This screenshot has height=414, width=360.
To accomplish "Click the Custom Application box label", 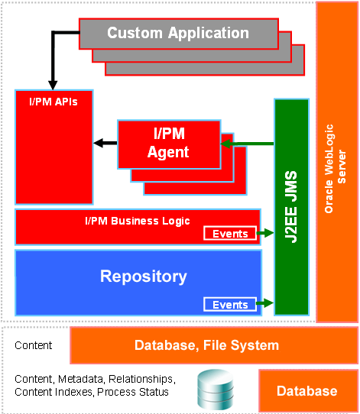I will pyautogui.click(x=177, y=33).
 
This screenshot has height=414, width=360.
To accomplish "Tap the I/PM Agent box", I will pyautogui.click(x=168, y=143).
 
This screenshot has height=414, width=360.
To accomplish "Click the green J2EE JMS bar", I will pyautogui.click(x=292, y=206).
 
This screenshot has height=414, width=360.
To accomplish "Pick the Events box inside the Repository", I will pyautogui.click(x=229, y=305).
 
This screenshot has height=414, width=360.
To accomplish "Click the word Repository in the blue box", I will pyautogui.click(x=143, y=276).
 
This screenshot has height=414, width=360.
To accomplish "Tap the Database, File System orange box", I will pyautogui.click(x=206, y=345).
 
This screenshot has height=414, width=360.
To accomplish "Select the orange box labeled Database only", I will pyautogui.click(x=306, y=391).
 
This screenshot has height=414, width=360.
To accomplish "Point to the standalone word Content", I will pyautogui.click(x=34, y=345).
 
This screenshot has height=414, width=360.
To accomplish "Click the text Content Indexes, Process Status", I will pyautogui.click(x=92, y=392).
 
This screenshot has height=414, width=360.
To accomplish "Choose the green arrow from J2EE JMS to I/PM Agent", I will pyautogui.click(x=248, y=143).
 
